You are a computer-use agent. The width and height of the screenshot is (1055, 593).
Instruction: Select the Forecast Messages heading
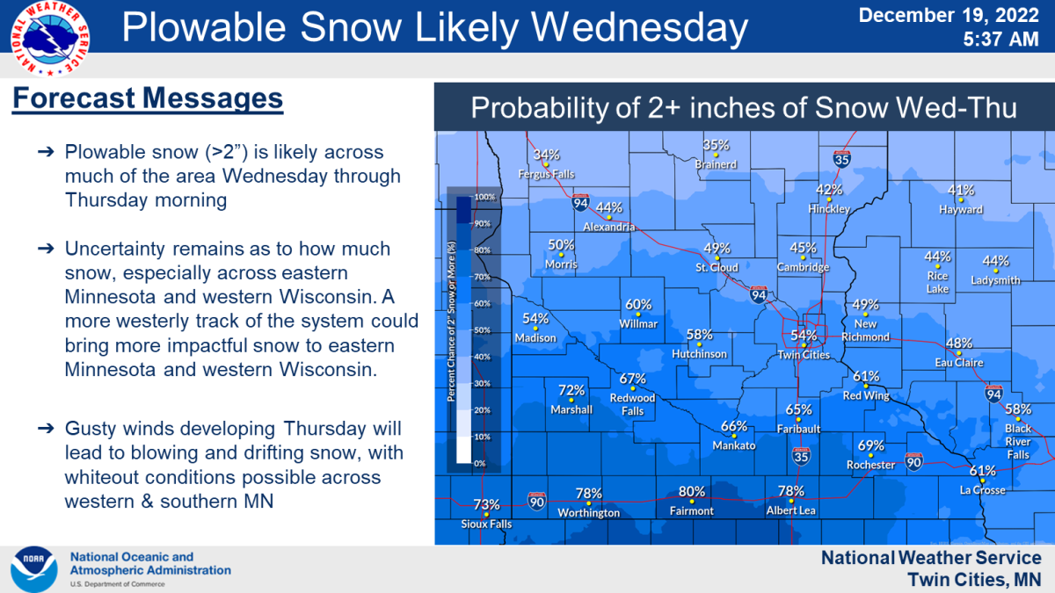pos(148,98)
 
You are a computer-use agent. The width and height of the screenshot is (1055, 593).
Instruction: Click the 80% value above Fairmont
pos(691,492)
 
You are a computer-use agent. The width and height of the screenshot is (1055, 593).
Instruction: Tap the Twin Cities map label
pos(804,355)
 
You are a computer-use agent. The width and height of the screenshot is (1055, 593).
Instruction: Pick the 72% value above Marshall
pos(571,390)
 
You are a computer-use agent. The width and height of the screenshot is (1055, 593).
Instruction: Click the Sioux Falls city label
pos(486,524)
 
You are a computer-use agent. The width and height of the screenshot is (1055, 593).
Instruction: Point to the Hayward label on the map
pos(960,210)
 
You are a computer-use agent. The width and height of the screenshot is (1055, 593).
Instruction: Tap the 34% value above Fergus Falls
pos(546,155)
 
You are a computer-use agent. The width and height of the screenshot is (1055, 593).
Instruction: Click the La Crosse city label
pos(982,490)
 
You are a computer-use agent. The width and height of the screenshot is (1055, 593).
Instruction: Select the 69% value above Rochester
pos(870,445)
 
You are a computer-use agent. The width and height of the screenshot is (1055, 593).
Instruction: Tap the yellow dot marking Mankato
pos(733,437)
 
